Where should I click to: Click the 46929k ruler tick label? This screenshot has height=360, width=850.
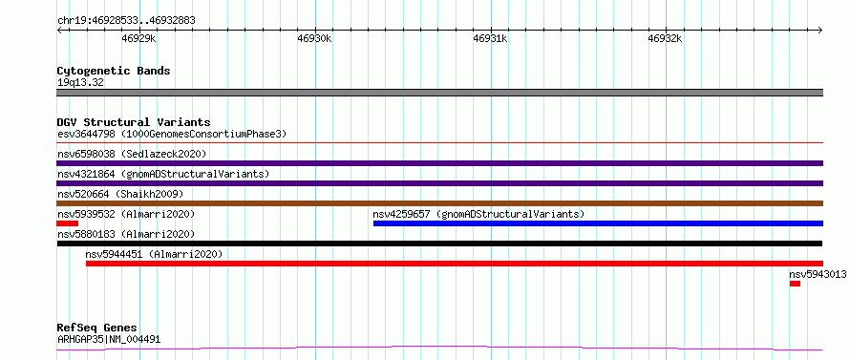(139, 38)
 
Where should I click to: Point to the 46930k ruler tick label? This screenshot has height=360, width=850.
(314, 38)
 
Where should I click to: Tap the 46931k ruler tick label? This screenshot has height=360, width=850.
(490, 38)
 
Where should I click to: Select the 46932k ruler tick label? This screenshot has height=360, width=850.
(665, 38)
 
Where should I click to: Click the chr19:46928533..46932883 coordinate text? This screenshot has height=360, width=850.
(126, 21)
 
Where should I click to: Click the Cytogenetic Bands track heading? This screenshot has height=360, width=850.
(114, 71)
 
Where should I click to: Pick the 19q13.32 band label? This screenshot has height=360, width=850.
(80, 83)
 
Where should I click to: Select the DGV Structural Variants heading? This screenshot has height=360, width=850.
(134, 122)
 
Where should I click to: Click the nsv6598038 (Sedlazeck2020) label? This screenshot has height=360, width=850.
(132, 154)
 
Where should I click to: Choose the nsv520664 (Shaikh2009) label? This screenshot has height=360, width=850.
(120, 194)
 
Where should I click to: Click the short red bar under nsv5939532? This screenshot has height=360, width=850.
(67, 223)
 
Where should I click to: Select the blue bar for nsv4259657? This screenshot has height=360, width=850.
(598, 223)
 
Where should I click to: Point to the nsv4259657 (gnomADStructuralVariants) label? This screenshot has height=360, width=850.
(478, 214)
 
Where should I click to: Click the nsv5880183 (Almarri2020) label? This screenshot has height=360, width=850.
(126, 234)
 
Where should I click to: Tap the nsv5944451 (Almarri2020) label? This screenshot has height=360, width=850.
(154, 254)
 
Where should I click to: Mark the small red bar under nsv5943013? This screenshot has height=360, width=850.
(795, 284)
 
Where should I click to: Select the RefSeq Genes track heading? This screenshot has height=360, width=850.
(96, 328)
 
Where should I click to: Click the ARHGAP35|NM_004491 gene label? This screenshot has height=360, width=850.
(109, 340)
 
